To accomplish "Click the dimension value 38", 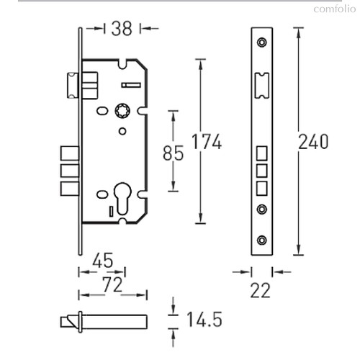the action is click(122, 29).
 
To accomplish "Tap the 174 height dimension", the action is click(207, 142).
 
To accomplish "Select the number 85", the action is click(173, 153).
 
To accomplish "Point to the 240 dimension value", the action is click(313, 142).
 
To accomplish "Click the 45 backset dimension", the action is click(103, 260).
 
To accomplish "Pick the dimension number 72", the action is click(112, 284).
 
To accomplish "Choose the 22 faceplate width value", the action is click(261, 290).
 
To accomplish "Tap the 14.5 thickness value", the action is click(204, 320).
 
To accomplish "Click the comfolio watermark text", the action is click(335, 9).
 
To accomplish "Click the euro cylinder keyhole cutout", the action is click(122, 198).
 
